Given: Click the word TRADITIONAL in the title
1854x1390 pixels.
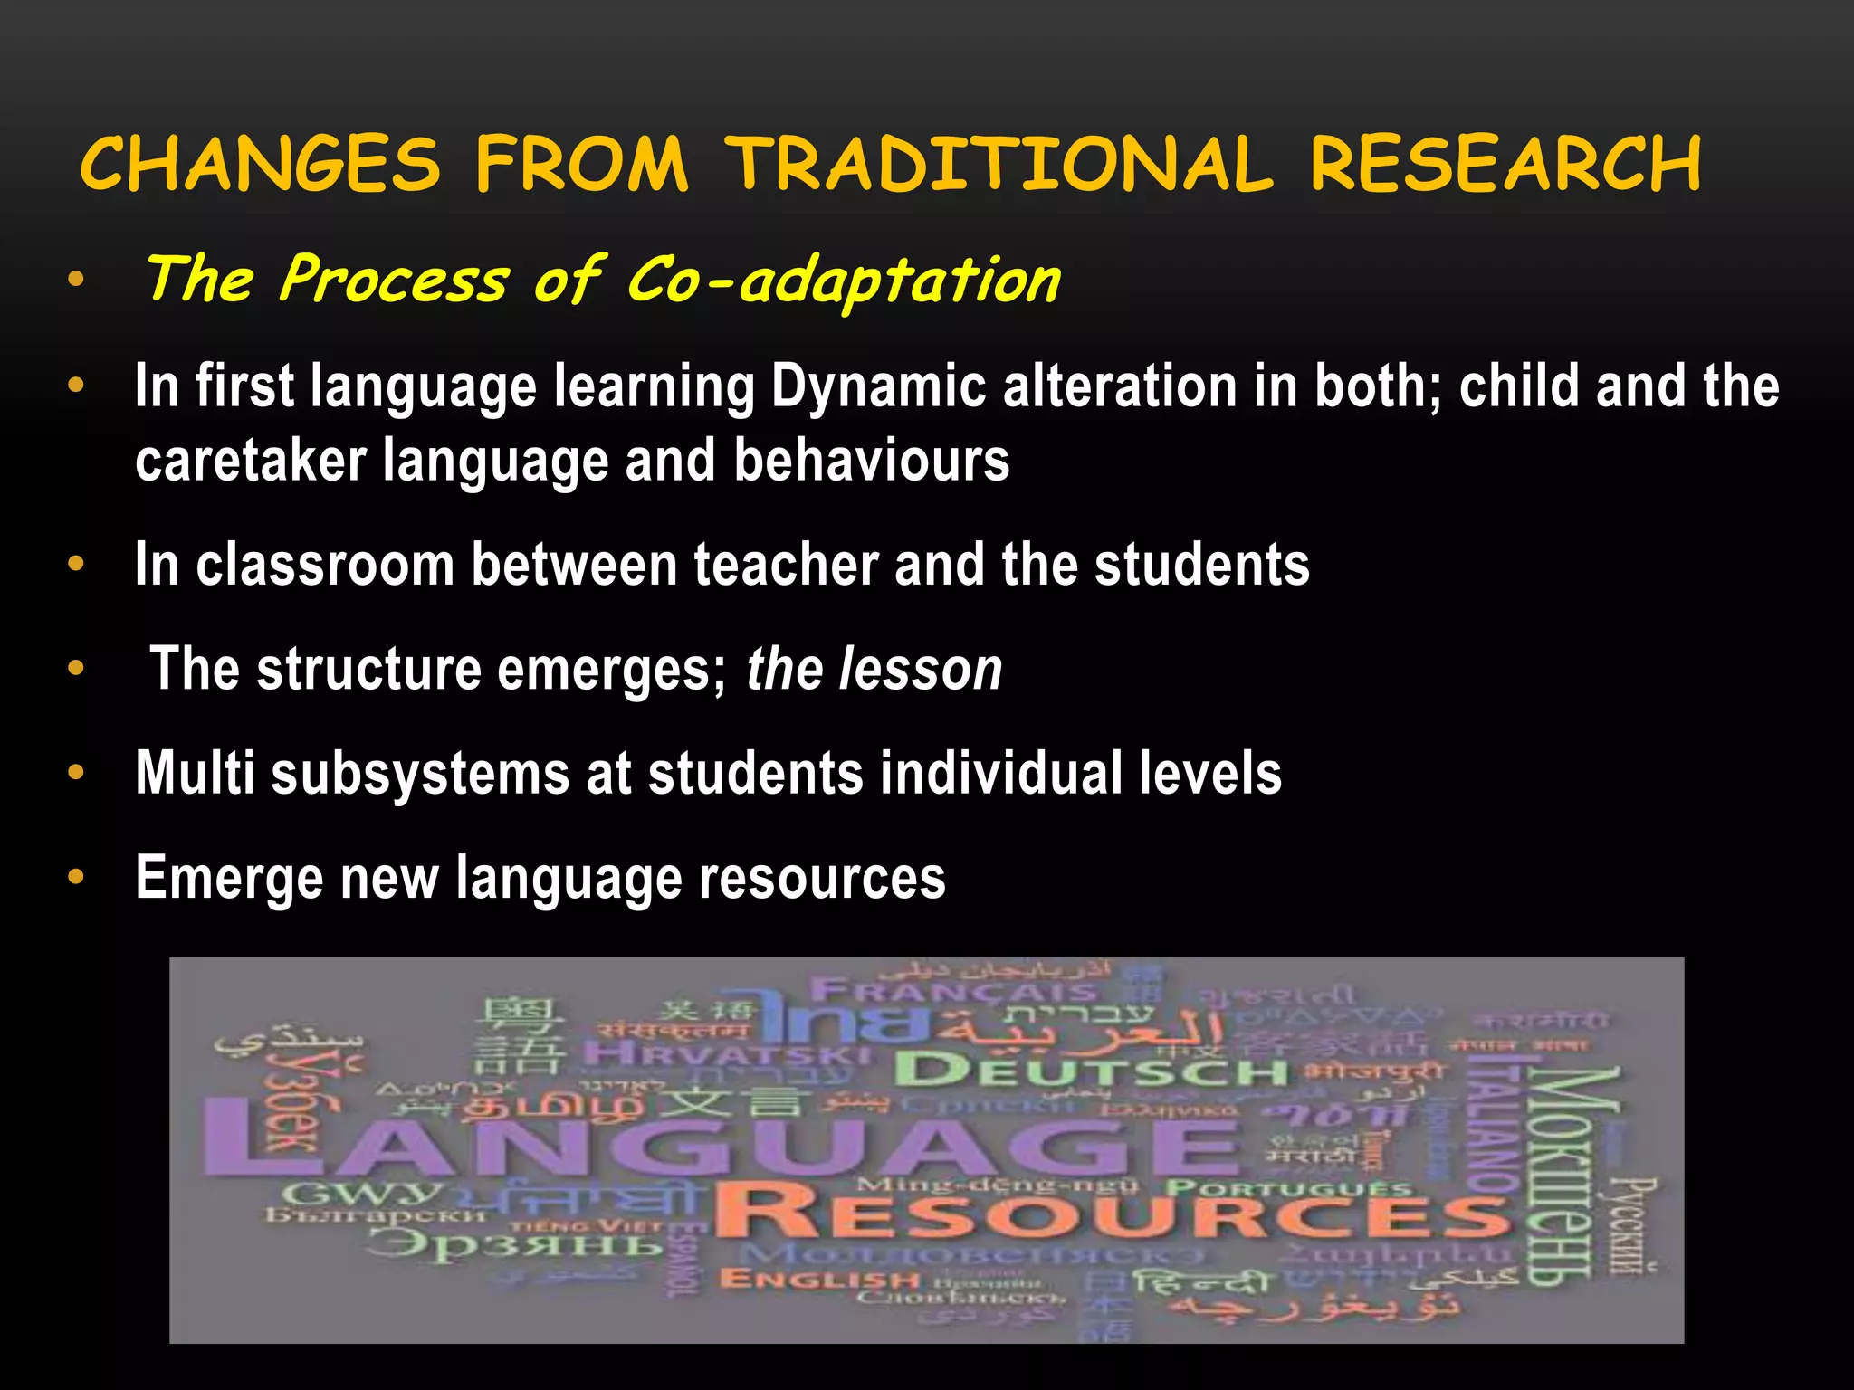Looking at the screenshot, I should (1001, 165).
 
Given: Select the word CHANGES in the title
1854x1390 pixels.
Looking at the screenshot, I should (261, 165).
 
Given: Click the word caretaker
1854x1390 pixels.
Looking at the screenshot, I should (251, 461).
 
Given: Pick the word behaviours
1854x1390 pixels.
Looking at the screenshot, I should (871, 461).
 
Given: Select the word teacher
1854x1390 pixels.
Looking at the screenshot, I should (786, 566).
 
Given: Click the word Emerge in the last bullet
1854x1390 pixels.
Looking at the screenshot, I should (229, 878).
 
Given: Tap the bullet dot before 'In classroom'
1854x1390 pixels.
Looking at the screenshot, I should (76, 565).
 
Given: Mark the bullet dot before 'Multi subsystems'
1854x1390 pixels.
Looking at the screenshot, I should (76, 774).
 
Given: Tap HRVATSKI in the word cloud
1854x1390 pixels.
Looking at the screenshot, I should (726, 1054).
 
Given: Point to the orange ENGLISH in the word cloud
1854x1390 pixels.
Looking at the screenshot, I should (819, 1280).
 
